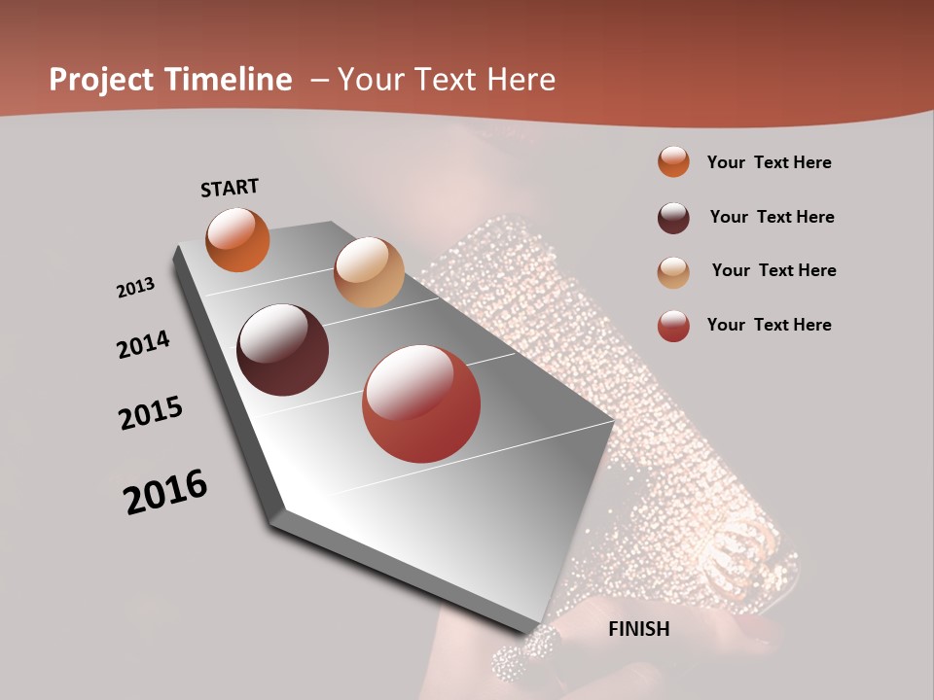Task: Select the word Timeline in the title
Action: [x=229, y=80]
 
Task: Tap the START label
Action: [x=230, y=188]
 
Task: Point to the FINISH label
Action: [x=639, y=629]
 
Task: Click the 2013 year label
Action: [x=135, y=288]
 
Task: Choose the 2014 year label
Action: [x=144, y=345]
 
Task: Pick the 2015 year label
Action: [x=151, y=413]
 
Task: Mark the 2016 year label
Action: [x=165, y=492]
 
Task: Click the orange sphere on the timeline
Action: [x=237, y=239]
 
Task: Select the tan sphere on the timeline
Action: [x=369, y=272]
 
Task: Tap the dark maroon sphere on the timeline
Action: [x=283, y=350]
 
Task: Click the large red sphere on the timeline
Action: [x=421, y=403]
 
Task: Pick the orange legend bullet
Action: [x=673, y=162]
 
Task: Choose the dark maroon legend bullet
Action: [x=673, y=218]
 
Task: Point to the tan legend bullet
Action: [x=673, y=272]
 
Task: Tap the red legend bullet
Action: [x=673, y=326]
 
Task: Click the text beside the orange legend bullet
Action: [x=769, y=163]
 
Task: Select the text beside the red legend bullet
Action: [x=769, y=325]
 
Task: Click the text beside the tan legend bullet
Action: [x=773, y=270]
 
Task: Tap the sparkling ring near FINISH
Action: [x=526, y=651]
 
